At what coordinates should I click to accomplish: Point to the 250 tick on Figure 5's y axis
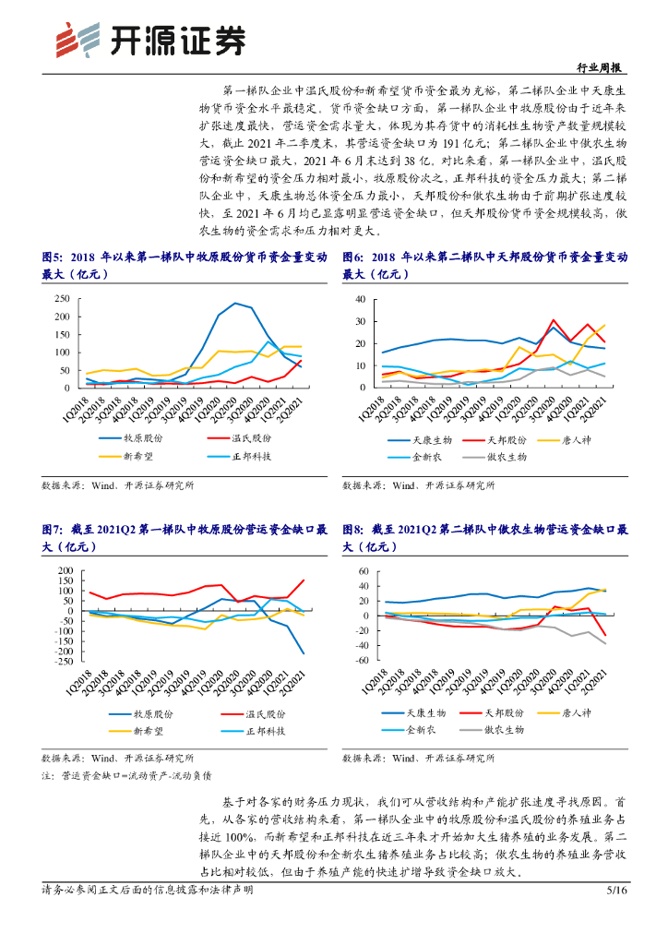61,299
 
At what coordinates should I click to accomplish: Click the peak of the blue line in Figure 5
235,303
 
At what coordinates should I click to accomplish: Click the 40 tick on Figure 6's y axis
360,299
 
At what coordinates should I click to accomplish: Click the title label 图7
52,530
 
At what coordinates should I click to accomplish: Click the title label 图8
352,530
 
